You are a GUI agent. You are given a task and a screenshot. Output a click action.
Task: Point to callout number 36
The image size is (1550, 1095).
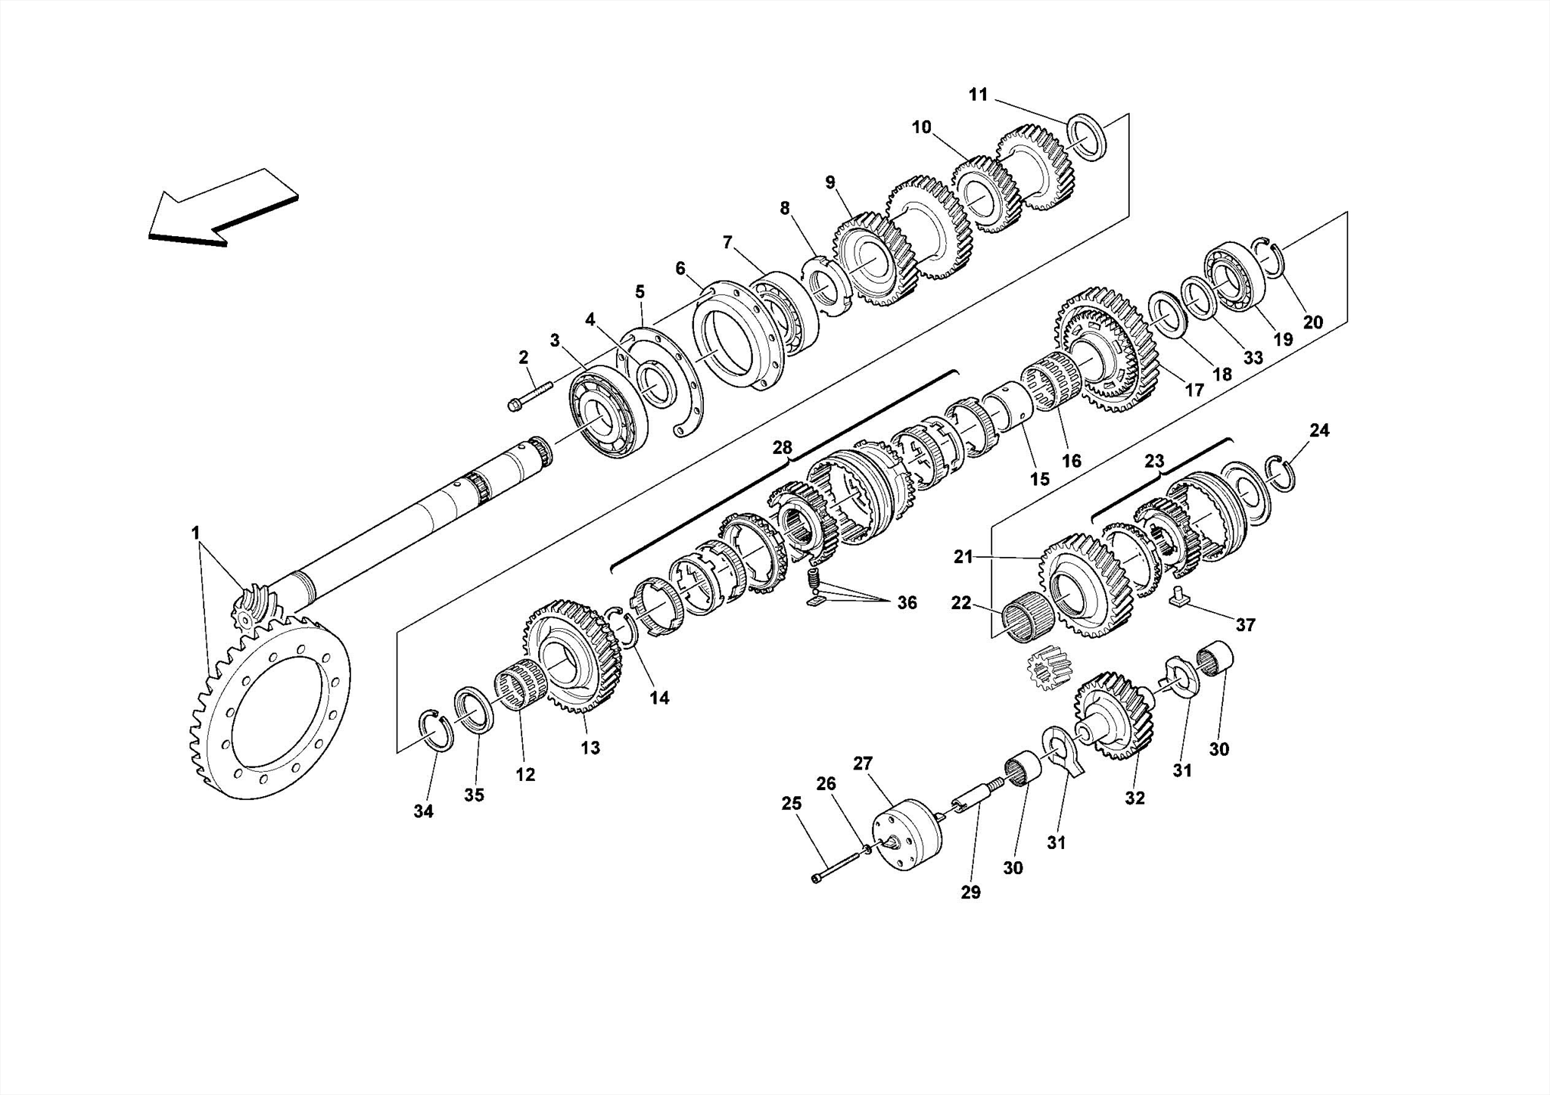(906, 602)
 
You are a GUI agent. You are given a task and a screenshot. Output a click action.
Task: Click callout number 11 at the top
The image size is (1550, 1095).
(978, 95)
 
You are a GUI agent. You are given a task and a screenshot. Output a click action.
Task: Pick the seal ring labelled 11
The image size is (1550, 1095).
(1088, 136)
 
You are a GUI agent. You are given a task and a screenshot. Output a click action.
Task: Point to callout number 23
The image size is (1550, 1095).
(1153, 461)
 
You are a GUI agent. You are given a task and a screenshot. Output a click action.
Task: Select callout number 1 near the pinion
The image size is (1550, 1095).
(195, 533)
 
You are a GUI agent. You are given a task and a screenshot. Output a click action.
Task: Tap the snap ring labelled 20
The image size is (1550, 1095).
(1271, 257)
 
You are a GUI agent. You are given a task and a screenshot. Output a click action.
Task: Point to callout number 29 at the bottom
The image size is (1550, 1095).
(970, 892)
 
